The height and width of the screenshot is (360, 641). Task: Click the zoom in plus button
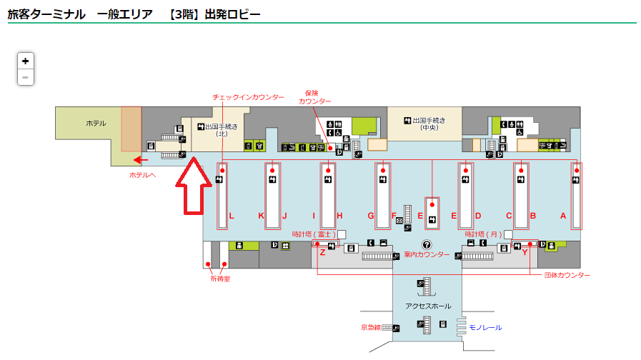click(x=25, y=61)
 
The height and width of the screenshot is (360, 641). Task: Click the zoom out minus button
click(x=25, y=77)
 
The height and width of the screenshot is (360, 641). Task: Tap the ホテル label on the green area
click(x=96, y=124)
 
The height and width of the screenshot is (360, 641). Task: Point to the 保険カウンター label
click(x=314, y=97)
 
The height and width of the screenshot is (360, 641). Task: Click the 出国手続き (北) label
click(x=219, y=129)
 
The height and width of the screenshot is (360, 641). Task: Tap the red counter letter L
click(x=232, y=216)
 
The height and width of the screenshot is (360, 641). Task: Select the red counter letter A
click(x=563, y=216)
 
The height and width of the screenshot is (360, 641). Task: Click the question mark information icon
click(x=427, y=244)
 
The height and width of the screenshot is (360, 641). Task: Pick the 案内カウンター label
click(x=427, y=255)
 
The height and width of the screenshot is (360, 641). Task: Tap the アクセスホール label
click(x=428, y=306)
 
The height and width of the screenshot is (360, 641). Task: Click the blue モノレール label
click(x=485, y=328)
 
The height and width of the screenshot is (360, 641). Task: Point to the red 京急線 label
click(x=370, y=328)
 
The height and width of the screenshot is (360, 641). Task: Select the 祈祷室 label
click(x=219, y=279)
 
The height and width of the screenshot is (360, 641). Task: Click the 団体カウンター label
click(x=567, y=275)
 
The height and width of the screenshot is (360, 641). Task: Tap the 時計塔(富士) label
click(x=314, y=234)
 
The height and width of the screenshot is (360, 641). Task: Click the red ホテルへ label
click(x=142, y=175)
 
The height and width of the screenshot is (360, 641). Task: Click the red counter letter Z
click(x=322, y=251)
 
